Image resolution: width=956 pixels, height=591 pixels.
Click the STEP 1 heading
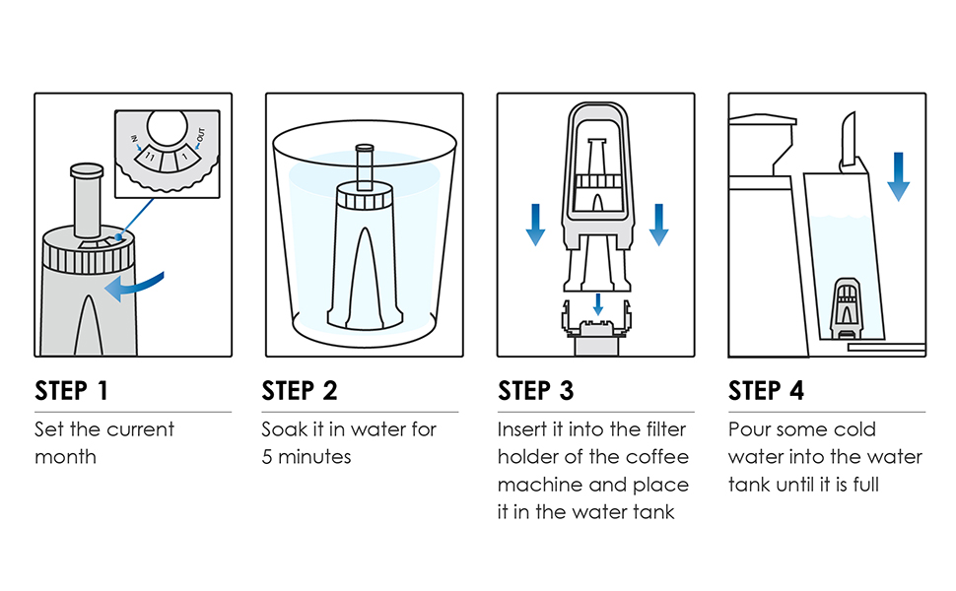coord(71,390)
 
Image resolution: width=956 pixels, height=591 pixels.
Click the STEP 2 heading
coord(300,390)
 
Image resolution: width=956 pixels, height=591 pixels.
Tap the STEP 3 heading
coord(536,390)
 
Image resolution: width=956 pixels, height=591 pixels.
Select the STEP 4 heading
coord(767,390)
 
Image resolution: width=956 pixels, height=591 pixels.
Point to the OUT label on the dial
coord(201,135)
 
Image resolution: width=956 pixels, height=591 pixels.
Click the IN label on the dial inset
coord(134,139)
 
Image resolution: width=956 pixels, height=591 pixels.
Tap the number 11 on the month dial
coord(151,159)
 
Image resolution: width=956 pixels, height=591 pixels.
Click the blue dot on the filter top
coord(119,236)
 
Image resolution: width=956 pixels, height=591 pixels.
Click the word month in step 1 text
coord(65,457)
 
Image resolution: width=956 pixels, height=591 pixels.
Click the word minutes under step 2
coord(314,457)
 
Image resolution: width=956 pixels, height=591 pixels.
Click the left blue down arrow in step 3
coord(535,225)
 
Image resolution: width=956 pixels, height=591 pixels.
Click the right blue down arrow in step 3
coord(658,225)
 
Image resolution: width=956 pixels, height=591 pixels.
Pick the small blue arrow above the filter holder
coord(598,304)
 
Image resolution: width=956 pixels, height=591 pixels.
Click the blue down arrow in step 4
coord(898,176)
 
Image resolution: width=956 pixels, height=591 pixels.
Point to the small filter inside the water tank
coord(847,308)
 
